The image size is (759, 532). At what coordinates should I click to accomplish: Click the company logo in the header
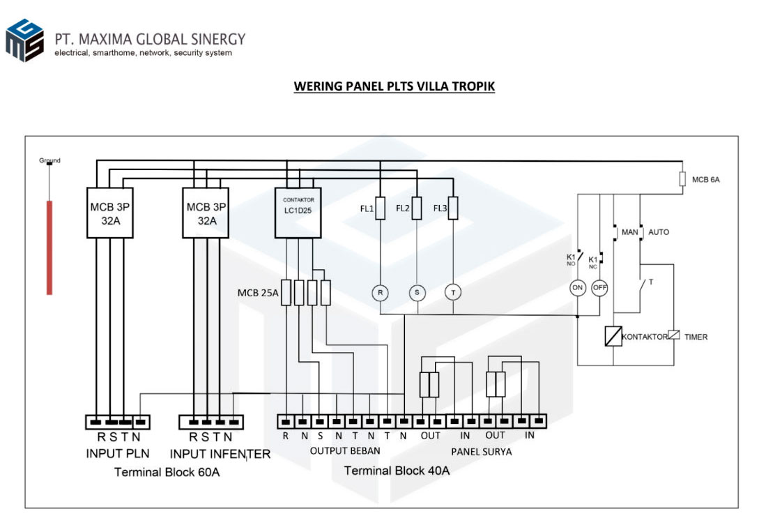[x=25, y=40]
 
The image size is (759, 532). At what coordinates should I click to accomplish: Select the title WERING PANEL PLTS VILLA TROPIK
[x=394, y=86]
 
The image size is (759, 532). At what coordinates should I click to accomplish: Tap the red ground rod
[x=49, y=248]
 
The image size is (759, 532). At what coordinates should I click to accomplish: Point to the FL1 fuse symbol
[x=380, y=208]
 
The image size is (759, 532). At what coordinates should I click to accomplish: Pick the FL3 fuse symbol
[x=453, y=208]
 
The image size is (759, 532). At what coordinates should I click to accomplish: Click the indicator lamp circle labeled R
[x=380, y=293]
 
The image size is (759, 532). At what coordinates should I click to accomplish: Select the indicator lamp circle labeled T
[x=453, y=293]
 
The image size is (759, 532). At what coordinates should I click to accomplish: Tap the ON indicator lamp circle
[x=578, y=287]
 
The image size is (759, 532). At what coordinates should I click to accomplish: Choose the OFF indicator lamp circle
[x=599, y=287]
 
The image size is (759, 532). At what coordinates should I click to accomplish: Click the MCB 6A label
[x=705, y=180]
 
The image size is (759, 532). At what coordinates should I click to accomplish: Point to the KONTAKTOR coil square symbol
[x=613, y=337]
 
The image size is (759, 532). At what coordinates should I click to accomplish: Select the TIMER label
[x=696, y=337]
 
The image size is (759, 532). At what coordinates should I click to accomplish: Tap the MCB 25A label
[x=258, y=293]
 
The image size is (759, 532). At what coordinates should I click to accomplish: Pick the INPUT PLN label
[x=118, y=454]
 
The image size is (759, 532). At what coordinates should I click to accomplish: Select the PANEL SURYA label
[x=481, y=452]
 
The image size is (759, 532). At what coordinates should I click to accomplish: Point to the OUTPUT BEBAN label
[x=345, y=451]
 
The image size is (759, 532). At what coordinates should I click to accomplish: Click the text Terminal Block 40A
[x=397, y=471]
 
